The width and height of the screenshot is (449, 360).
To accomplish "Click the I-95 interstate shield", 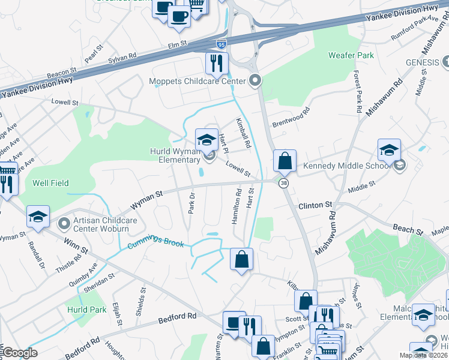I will (221, 44).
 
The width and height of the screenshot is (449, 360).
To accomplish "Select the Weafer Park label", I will (351, 55).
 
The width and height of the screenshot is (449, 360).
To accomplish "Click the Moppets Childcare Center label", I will (197, 81).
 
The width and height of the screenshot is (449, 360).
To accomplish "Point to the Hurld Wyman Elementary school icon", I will (206, 139).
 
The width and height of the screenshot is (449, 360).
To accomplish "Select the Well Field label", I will (51, 183).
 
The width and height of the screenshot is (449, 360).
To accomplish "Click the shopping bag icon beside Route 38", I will (285, 161).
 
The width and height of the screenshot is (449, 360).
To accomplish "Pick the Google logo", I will (20, 353).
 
